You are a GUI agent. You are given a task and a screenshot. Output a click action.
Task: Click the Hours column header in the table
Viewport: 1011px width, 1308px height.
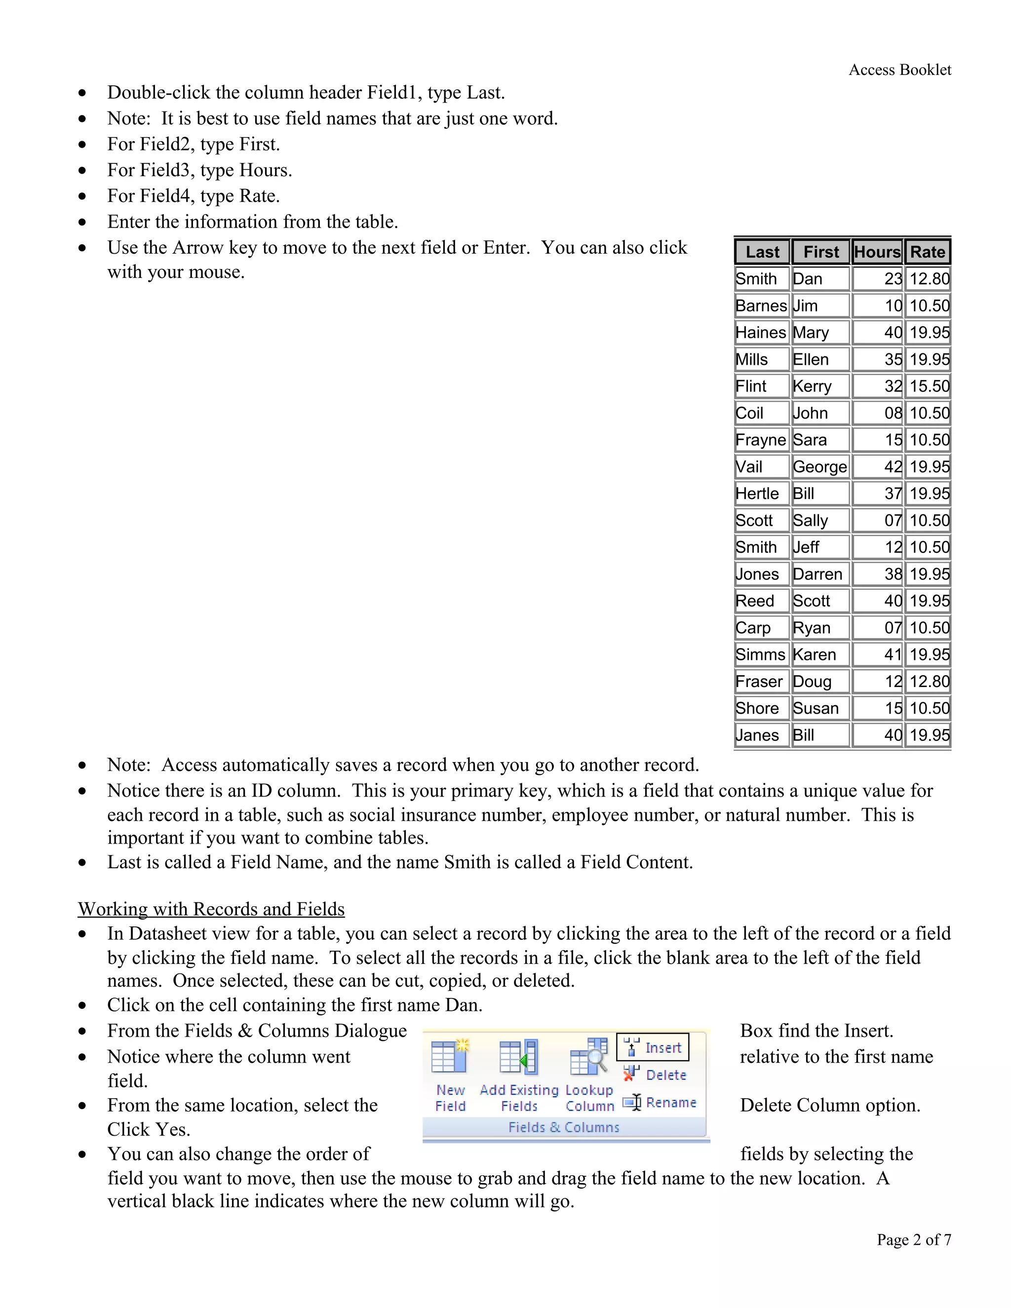[877, 252]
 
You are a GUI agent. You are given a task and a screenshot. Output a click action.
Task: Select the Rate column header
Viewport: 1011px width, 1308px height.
[927, 252]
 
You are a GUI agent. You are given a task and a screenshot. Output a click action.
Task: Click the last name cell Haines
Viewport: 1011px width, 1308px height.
[761, 332]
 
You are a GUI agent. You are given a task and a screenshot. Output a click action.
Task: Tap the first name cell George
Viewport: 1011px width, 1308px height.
[819, 466]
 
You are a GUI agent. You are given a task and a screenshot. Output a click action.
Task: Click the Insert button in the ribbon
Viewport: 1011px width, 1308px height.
[653, 1047]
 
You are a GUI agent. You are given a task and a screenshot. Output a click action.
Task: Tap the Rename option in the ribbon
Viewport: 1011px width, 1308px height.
[660, 1103]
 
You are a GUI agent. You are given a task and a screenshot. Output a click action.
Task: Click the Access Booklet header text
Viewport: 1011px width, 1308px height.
[899, 70]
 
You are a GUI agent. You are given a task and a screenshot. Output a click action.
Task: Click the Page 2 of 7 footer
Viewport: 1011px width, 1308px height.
[913, 1240]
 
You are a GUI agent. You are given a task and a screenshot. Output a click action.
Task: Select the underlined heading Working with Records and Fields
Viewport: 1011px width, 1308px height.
[211, 909]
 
